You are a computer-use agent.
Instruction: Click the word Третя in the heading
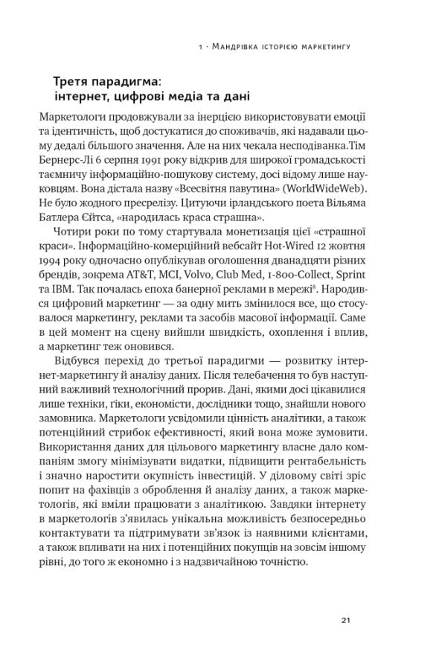[x=74, y=80]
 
